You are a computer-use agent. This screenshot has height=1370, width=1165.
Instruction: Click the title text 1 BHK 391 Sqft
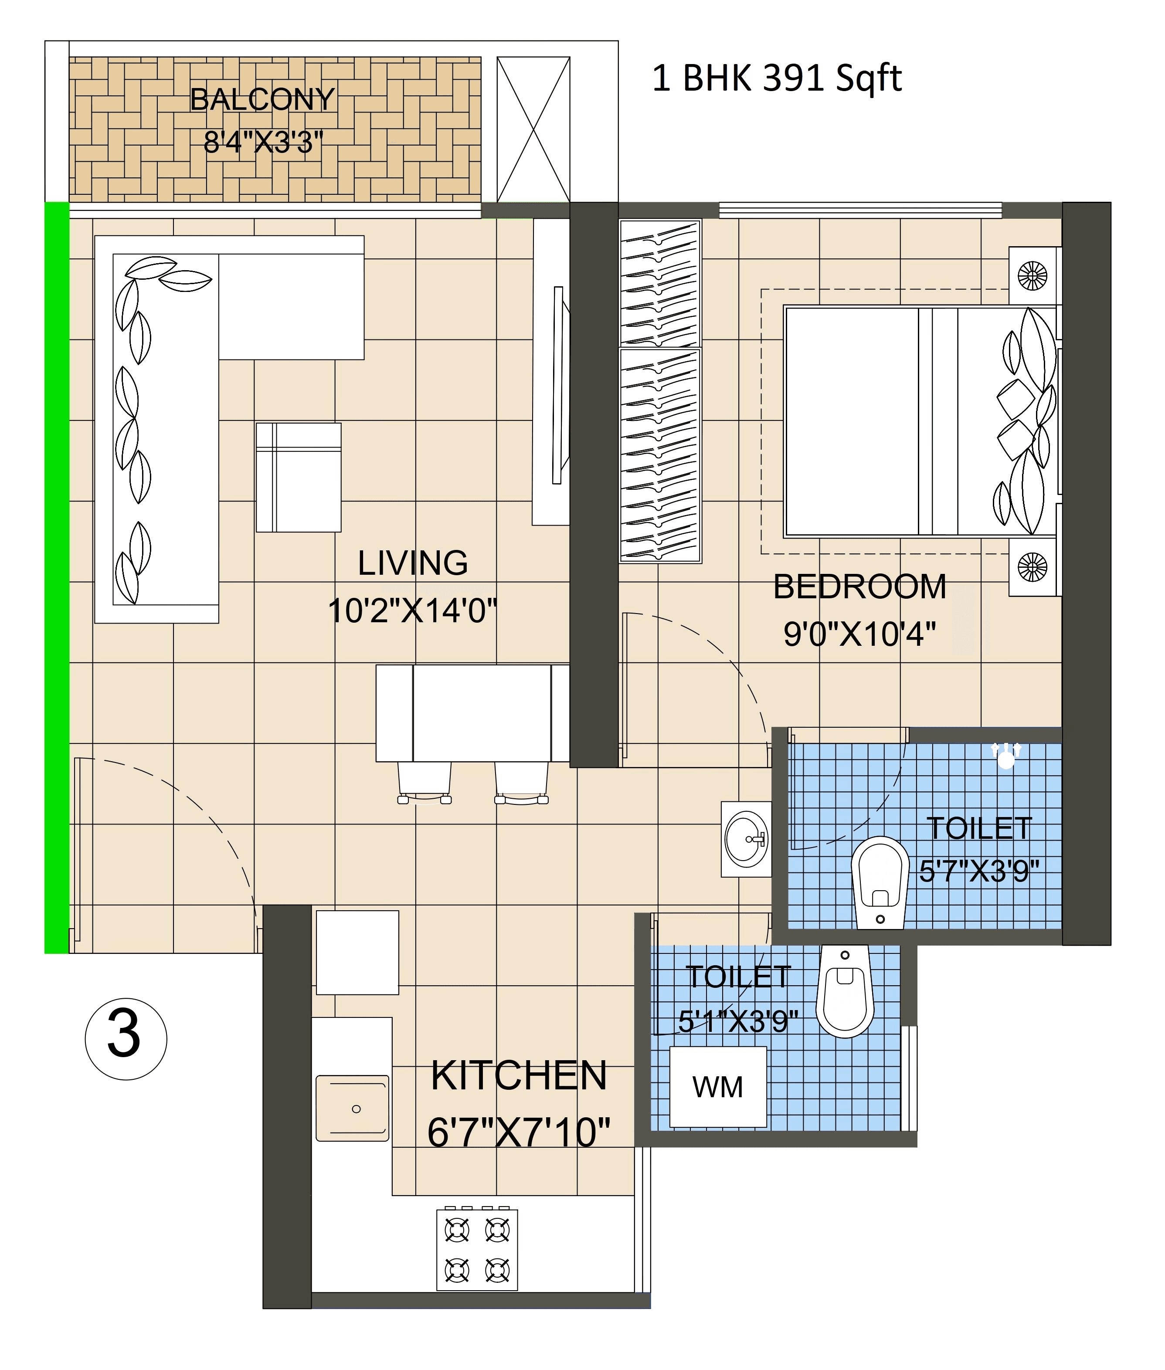tap(777, 78)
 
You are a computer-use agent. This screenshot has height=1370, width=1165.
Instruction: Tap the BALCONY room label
tap(262, 100)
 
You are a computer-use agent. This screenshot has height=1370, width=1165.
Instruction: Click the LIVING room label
tap(413, 563)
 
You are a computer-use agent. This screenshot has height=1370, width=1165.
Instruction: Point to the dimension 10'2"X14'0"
tap(412, 611)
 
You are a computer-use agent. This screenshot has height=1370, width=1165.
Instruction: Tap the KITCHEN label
tap(519, 1075)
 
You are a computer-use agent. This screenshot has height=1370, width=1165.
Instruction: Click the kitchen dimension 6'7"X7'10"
tap(519, 1133)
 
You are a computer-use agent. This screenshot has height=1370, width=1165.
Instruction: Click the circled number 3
tap(126, 1038)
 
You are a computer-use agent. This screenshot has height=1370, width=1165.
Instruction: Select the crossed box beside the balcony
tap(533, 129)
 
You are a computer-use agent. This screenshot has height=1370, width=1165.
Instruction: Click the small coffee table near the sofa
tap(299, 477)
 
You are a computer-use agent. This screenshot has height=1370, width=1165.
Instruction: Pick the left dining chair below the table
tap(424, 782)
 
